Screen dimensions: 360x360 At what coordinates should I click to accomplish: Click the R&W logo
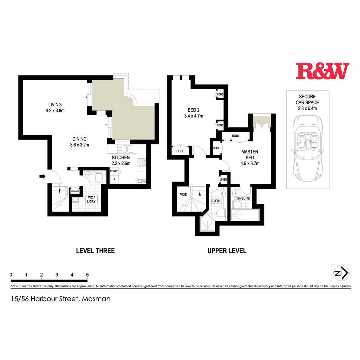[322, 71]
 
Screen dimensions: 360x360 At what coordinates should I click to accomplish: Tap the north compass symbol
[341, 273]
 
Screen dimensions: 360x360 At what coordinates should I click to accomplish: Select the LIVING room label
[55, 105]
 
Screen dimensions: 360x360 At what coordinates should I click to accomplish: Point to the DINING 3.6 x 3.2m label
[80, 142]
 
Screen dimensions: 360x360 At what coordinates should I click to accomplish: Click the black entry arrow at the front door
[42, 176]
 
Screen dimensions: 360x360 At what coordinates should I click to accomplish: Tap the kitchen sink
[125, 149]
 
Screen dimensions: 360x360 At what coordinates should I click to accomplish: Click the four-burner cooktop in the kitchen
[141, 162]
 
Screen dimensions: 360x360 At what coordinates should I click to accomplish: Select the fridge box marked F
[114, 180]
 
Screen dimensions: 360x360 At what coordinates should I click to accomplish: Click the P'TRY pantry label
[114, 171]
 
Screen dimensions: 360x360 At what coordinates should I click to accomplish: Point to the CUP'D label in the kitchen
[141, 182]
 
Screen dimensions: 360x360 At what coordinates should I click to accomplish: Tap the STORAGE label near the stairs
[75, 191]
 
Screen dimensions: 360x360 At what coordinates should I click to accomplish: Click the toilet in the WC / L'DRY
[99, 177]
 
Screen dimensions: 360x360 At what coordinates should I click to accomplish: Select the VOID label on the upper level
[183, 194]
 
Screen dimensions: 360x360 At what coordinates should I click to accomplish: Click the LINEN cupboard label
[223, 180]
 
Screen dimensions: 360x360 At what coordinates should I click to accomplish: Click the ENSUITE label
[244, 198]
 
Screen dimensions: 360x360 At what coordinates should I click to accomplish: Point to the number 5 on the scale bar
[87, 275]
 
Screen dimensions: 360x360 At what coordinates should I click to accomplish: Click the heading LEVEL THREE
[95, 251]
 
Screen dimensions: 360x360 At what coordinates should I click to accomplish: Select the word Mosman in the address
[96, 299]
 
